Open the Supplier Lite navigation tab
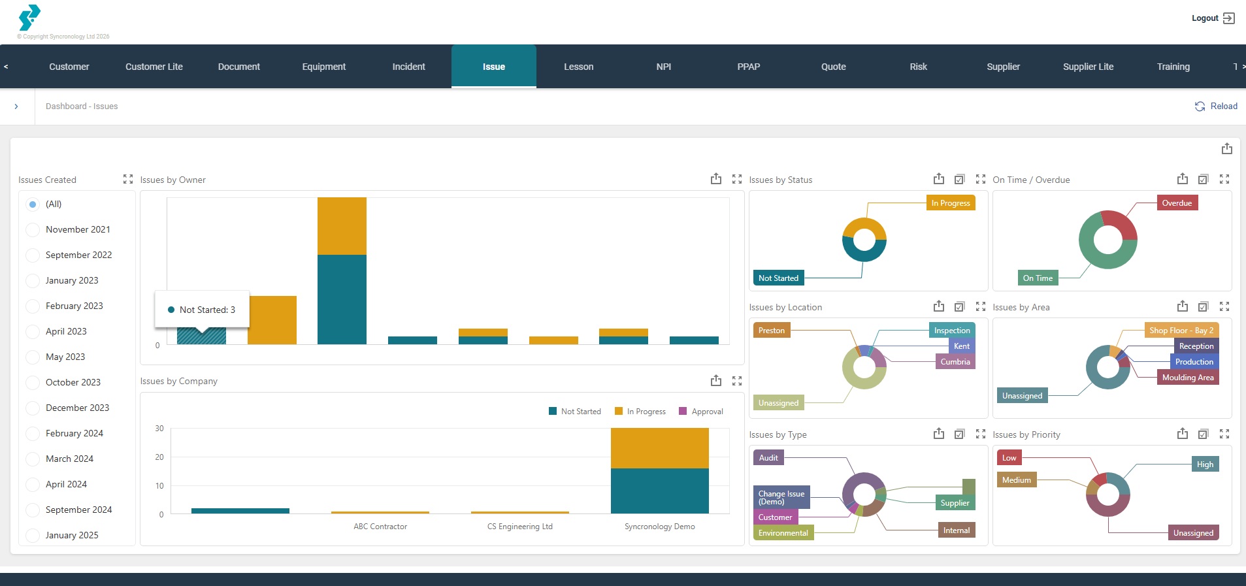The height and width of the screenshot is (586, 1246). tap(1088, 67)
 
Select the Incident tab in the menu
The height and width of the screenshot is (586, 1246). tap(408, 67)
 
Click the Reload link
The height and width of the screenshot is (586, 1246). tap(1216, 106)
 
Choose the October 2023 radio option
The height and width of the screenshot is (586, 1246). tap(33, 382)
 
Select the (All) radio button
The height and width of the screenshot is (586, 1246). tap(33, 204)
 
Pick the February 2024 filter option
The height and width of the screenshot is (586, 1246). tap(33, 433)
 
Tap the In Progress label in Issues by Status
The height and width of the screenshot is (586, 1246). tap(950, 203)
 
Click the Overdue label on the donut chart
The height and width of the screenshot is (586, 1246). tap(1176, 203)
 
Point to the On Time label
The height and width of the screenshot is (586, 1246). tap(1037, 278)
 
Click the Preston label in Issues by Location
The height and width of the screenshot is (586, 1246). tap(771, 331)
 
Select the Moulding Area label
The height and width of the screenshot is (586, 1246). tap(1187, 378)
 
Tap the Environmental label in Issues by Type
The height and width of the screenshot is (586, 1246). tap(783, 533)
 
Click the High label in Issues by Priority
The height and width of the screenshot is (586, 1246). tap(1204, 464)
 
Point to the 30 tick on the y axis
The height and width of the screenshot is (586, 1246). tap(159, 429)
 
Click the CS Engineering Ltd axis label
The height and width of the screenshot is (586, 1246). tap(519, 527)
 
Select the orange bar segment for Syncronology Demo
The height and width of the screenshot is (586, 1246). tap(659, 448)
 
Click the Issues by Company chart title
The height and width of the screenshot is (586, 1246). tap(178, 381)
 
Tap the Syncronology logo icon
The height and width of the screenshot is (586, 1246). tap(29, 18)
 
